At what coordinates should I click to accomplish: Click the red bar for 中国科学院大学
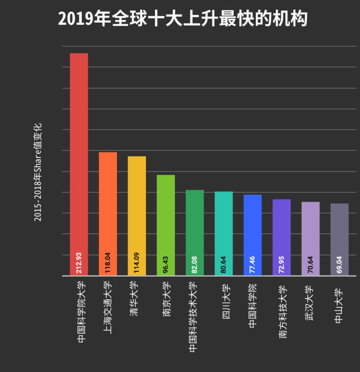coord(79,156)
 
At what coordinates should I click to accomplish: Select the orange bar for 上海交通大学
coord(108,205)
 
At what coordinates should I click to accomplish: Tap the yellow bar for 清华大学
coord(137,208)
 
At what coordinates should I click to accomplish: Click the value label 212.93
coord(79,263)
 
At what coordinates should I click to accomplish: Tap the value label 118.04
coord(108,263)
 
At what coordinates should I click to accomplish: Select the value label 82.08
coord(195,264)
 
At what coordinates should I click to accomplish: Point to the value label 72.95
coord(282,264)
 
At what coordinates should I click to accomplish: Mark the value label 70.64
coord(311,264)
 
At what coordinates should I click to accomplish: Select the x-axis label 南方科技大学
coord(283,312)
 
